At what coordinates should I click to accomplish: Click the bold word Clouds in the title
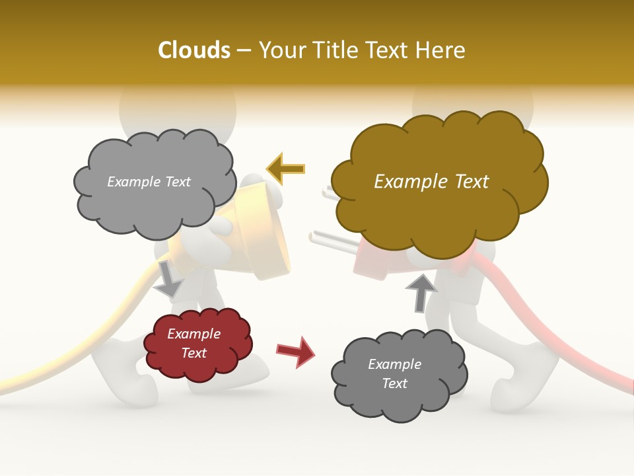coord(194,50)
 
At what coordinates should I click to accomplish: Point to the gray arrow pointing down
coord(168,278)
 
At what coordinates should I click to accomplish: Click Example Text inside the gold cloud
coord(431,182)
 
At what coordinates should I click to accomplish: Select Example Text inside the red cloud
coord(194,344)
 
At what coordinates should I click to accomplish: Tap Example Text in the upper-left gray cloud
coord(149,182)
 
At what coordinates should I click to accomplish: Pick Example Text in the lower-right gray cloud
coord(394,374)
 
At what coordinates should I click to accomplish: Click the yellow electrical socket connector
coord(267,231)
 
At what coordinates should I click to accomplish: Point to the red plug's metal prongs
coord(328,237)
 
